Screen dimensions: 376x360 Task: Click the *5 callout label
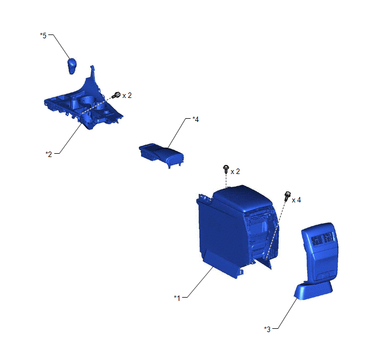tap(43, 36)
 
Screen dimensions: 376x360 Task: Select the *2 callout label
tap(49, 154)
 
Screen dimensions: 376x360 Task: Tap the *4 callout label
tap(196, 119)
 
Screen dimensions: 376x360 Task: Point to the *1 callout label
tap(177, 298)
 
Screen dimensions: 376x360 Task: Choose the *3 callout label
tap(267, 329)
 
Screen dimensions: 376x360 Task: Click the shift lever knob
tap(72, 66)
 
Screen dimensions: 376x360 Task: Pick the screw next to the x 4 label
tap(287, 196)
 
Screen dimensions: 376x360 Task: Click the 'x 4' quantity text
tap(296, 200)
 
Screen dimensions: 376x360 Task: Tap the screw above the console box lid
tap(226, 169)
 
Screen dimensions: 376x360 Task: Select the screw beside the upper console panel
tap(116, 95)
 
